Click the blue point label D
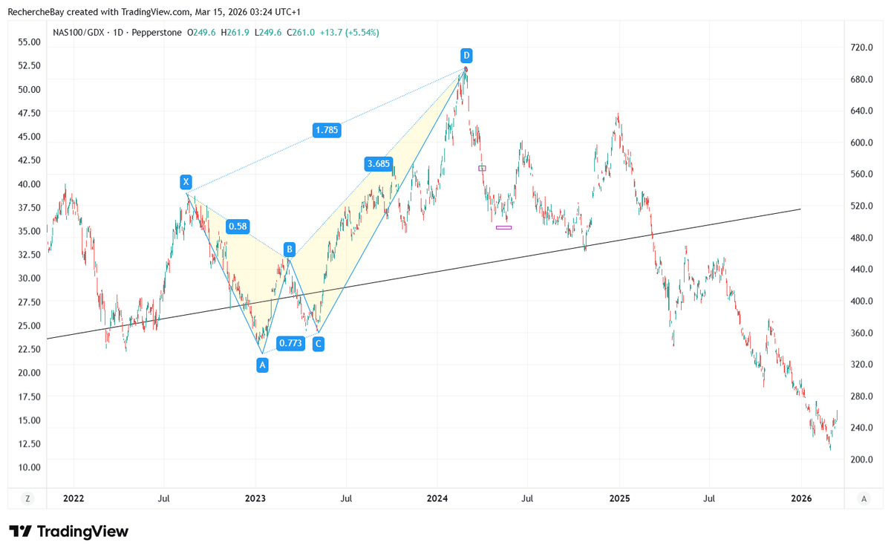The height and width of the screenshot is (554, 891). (x=466, y=56)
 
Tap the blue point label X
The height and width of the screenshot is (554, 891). (x=186, y=182)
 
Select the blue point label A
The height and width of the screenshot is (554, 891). (x=261, y=365)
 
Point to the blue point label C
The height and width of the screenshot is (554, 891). (x=318, y=343)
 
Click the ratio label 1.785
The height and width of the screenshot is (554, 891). (x=327, y=131)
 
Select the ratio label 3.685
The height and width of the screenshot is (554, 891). (x=378, y=163)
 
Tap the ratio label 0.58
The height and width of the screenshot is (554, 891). (x=238, y=227)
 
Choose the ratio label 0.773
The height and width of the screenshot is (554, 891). (x=290, y=343)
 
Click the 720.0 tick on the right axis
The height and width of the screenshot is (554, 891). (x=861, y=48)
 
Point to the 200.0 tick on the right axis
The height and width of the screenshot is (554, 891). (x=861, y=460)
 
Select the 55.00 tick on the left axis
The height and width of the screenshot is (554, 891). (x=29, y=42)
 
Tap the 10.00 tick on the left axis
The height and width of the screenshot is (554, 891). (x=29, y=467)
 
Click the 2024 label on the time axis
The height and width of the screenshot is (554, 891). (x=437, y=498)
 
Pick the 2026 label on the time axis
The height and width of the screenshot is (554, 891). (x=801, y=498)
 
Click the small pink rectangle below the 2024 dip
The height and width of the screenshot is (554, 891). (x=503, y=227)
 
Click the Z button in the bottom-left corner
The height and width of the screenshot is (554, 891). (x=28, y=498)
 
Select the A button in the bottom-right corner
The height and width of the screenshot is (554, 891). (x=864, y=498)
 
